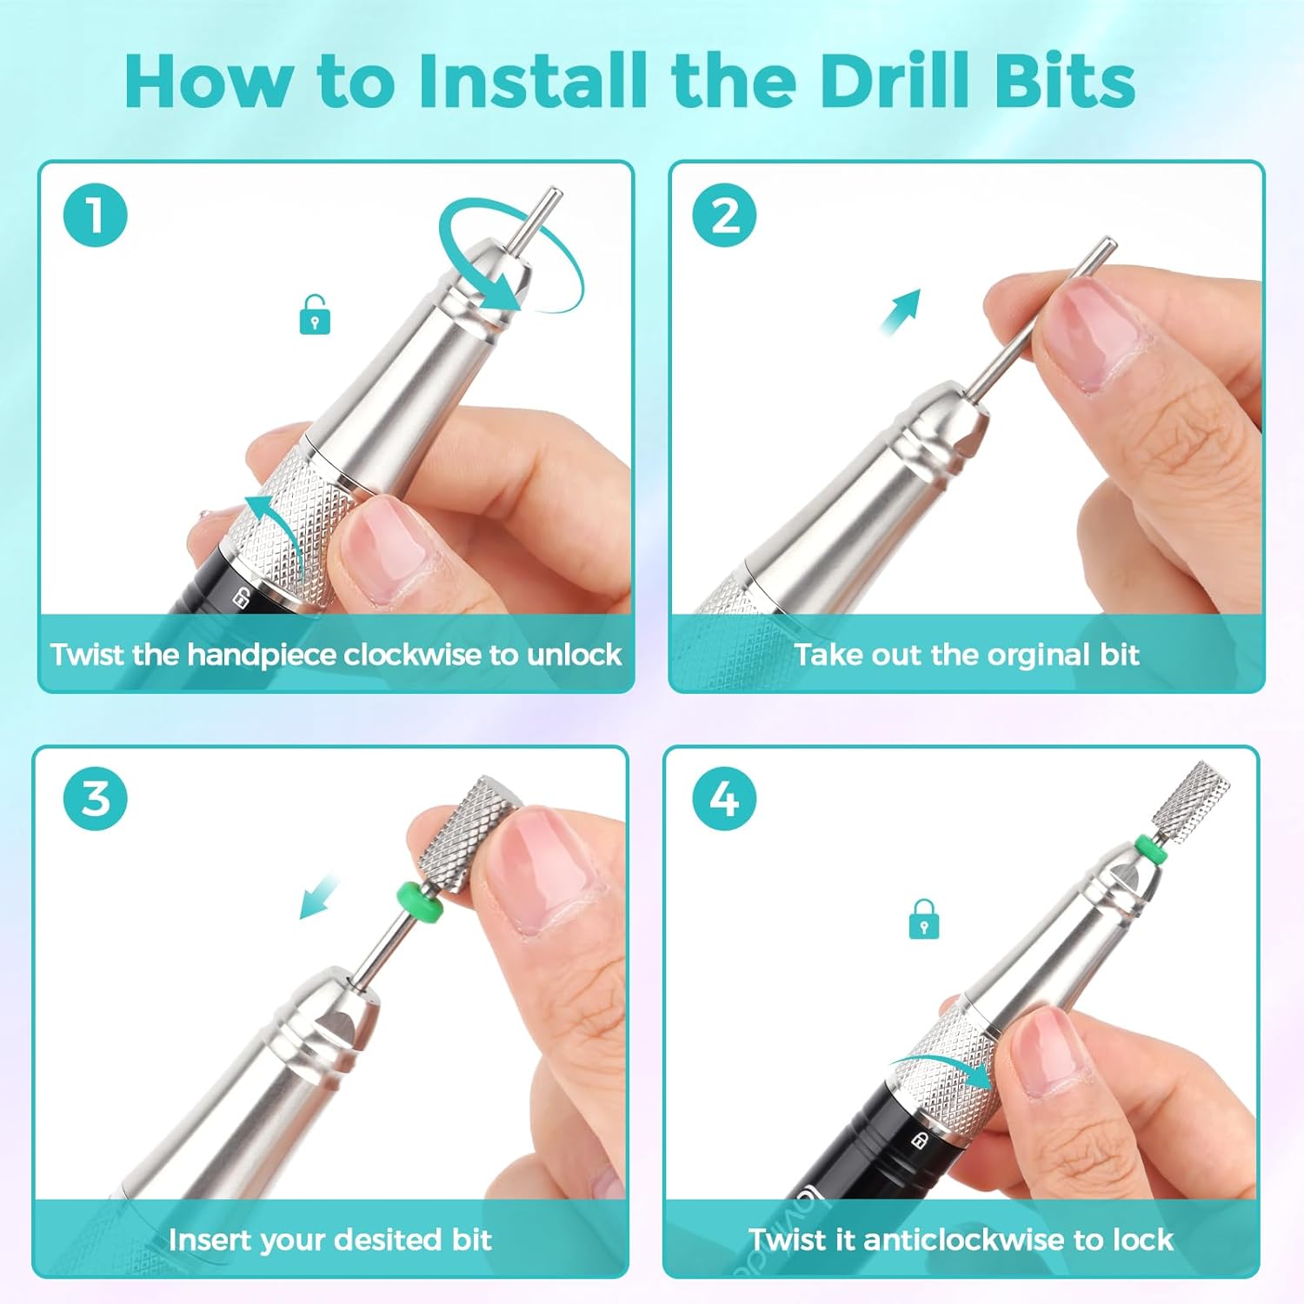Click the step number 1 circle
pos(96,215)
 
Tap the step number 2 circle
pos(725,215)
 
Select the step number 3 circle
pos(96,798)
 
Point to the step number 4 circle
pos(725,798)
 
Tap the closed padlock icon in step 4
pos(923,919)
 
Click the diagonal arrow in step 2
pos(900,312)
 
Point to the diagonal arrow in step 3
pos(319,896)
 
